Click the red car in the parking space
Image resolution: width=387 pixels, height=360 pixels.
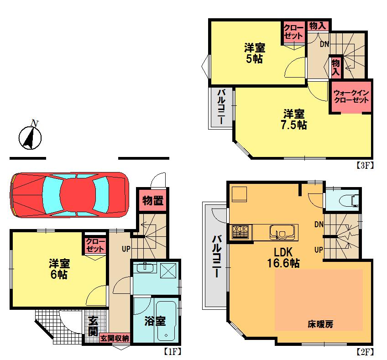(x=68, y=195)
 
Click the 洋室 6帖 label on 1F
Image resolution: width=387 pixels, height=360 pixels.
(x=58, y=269)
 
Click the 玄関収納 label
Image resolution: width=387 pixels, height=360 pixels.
(x=115, y=338)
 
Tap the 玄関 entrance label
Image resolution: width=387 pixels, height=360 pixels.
(x=93, y=325)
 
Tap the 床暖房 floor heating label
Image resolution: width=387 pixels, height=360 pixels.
(x=319, y=324)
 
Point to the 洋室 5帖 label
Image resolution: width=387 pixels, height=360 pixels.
(x=254, y=53)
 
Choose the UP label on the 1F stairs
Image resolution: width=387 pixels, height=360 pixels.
(x=126, y=249)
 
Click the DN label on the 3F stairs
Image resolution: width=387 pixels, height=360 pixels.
(x=324, y=44)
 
